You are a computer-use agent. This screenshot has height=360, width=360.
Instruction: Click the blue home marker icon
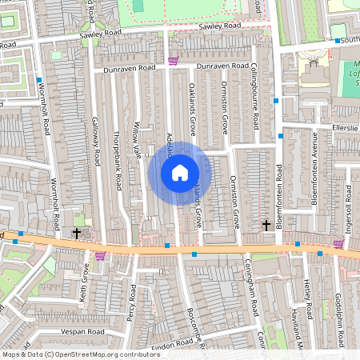(x=180, y=173)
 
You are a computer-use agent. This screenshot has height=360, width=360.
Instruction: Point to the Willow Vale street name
(x=137, y=138)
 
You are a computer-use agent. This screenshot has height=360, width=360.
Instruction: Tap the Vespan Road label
(x=83, y=331)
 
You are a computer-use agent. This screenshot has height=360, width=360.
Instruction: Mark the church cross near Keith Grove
(x=77, y=234)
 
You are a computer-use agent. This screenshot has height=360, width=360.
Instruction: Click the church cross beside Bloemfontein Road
(x=266, y=226)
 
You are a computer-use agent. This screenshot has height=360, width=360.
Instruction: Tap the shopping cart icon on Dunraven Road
(x=173, y=61)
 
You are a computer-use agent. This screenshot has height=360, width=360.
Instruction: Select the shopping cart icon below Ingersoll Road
(x=338, y=244)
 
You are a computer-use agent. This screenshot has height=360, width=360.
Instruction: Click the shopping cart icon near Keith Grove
(x=100, y=256)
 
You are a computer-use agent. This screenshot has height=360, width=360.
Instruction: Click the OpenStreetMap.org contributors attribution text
(x=104, y=354)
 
